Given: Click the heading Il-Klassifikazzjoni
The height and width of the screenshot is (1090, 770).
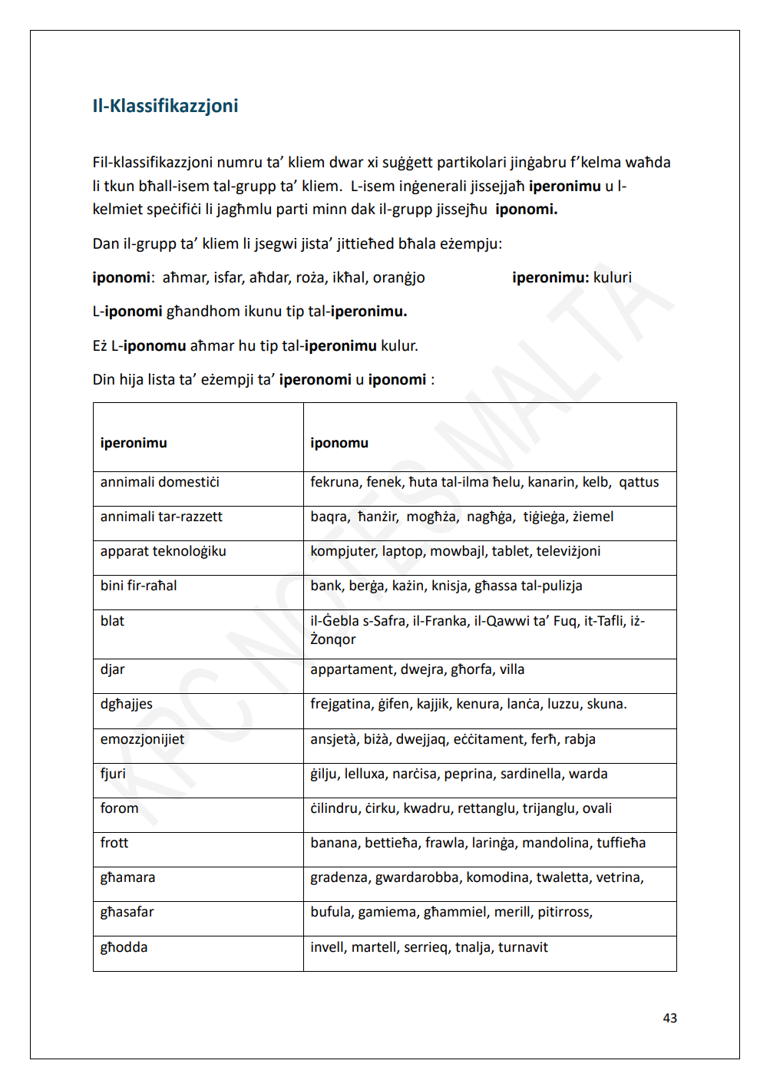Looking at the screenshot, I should click(x=165, y=106).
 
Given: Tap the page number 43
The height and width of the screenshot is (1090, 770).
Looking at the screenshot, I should click(x=669, y=1018).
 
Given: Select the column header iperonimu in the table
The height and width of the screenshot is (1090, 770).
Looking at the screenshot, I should click(x=134, y=443).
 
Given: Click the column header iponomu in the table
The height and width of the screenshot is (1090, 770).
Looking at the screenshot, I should click(x=339, y=443).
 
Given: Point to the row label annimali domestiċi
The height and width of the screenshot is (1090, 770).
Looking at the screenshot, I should click(x=160, y=482).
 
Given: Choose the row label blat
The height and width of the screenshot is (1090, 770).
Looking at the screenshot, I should click(x=112, y=621).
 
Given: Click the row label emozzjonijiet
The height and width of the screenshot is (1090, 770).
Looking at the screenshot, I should click(x=142, y=739).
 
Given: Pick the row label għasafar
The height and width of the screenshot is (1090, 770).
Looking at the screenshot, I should click(x=127, y=912).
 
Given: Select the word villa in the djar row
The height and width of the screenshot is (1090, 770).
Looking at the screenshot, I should click(x=512, y=669).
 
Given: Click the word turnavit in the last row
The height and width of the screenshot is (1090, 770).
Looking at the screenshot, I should click(x=523, y=947).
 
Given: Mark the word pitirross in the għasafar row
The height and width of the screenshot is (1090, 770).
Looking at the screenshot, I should click(x=565, y=912).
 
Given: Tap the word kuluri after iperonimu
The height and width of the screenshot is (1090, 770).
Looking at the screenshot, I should click(x=613, y=277).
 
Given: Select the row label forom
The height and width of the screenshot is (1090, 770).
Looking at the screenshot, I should click(x=120, y=808).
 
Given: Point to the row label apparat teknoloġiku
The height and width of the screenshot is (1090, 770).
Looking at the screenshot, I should click(x=163, y=551).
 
